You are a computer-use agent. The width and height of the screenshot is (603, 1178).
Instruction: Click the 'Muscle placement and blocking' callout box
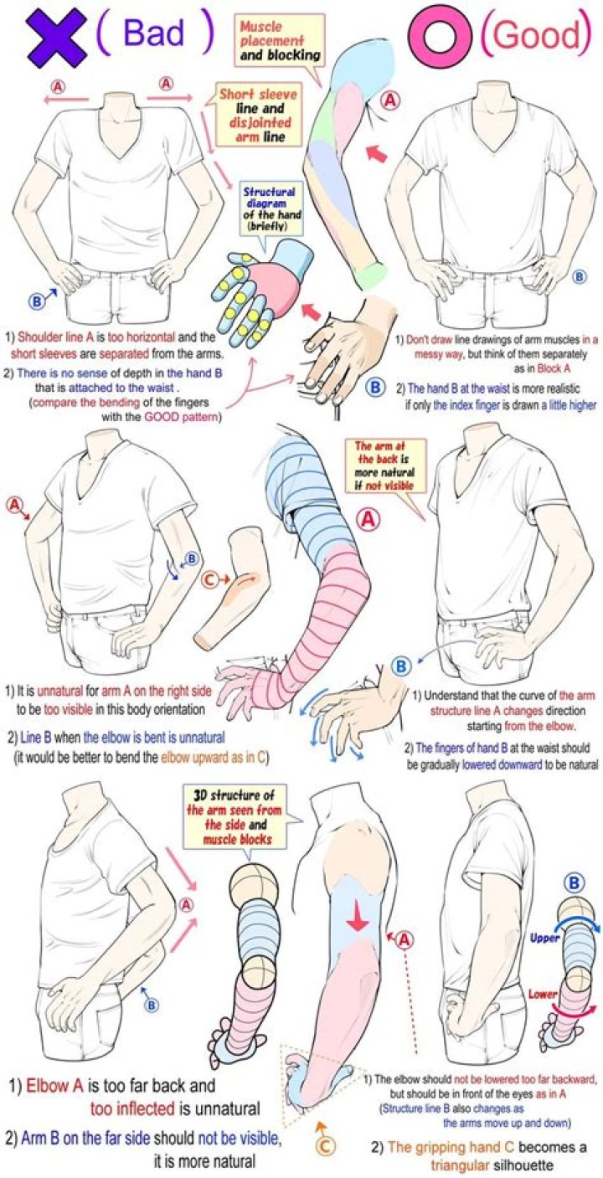tap(278, 41)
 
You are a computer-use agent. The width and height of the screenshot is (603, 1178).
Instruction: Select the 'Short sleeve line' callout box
tap(255, 116)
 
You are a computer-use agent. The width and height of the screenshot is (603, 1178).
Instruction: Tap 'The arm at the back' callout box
tap(384, 466)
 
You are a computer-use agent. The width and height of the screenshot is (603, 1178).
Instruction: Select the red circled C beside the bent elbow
tap(209, 580)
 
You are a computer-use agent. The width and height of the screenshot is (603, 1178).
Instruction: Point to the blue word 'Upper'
tap(544, 938)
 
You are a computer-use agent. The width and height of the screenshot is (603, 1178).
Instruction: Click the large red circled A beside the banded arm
tap(368, 520)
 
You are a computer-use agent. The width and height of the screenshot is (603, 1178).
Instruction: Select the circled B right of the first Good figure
tap(579, 276)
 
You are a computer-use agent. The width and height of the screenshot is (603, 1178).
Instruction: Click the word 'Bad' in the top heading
tap(153, 33)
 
